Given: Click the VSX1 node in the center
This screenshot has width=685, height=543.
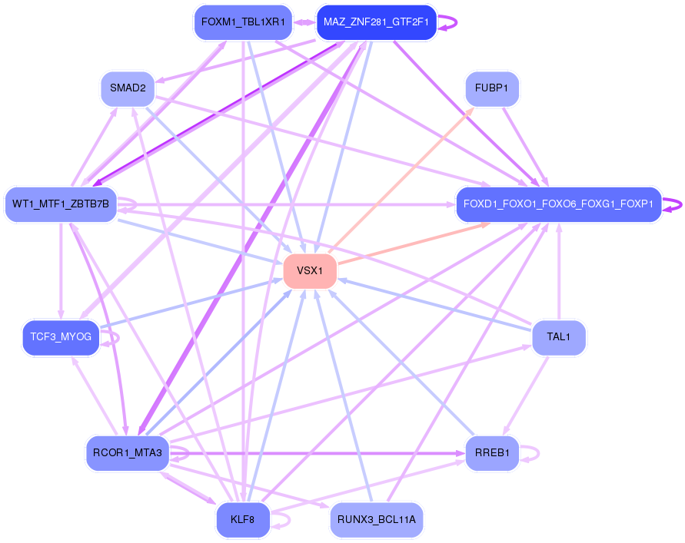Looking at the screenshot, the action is point(310,270).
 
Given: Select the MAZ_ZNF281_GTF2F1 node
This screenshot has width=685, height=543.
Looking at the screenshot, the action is point(376,22).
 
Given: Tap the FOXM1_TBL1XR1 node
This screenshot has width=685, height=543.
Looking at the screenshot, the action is point(242,22).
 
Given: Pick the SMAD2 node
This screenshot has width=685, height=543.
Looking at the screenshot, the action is point(128,88).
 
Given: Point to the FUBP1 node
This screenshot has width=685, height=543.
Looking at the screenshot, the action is point(492,88).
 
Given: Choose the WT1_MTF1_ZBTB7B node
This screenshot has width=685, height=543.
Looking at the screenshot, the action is point(61,204).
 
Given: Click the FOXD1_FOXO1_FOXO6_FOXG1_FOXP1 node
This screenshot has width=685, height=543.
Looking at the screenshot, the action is point(558,204).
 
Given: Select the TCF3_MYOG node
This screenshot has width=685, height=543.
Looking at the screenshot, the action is point(61,336).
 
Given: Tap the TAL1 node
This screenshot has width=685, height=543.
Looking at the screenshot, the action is point(559,336).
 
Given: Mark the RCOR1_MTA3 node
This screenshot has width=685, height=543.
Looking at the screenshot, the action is point(128,452).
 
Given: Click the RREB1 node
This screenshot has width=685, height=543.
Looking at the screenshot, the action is point(492,452).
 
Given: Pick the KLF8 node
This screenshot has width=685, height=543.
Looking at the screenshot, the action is point(243,519).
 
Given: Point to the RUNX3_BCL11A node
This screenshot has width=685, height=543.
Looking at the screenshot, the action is point(377,519).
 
